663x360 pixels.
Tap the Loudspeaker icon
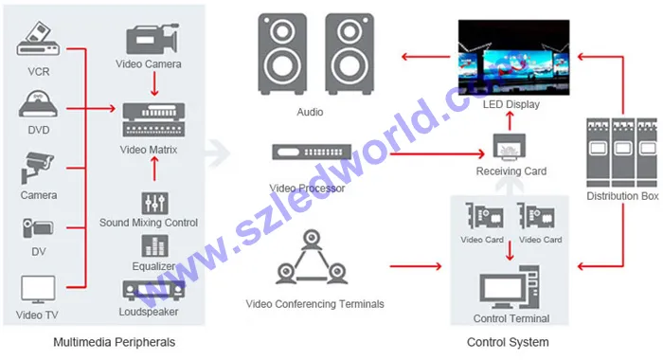click(149, 290)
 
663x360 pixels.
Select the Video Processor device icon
click(309, 153)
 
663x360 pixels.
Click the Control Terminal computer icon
click(511, 288)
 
